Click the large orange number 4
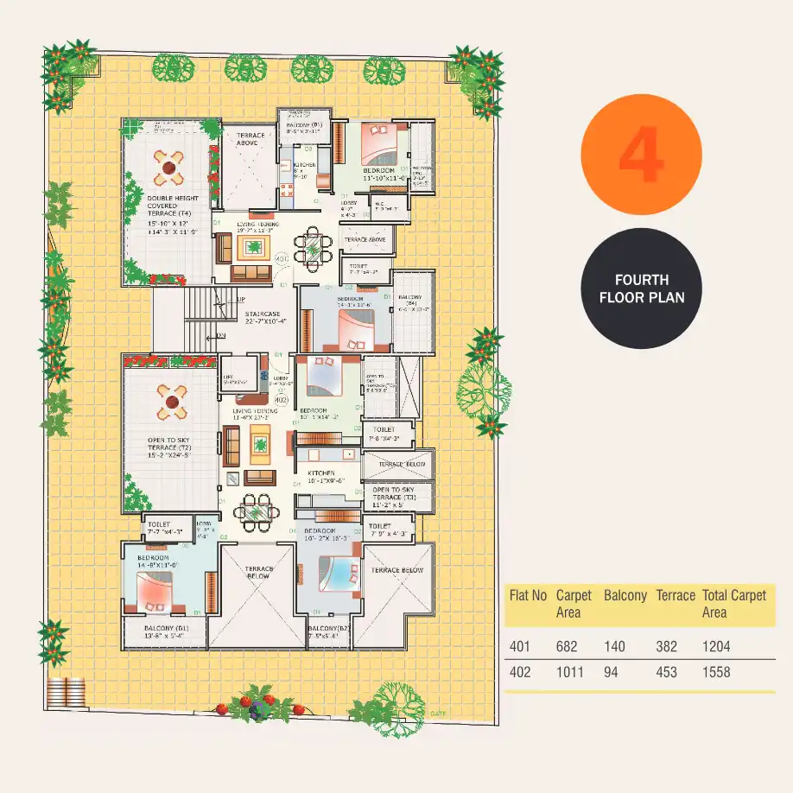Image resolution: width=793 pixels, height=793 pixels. tap(642, 155)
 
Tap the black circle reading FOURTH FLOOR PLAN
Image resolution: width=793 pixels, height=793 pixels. tap(642, 289)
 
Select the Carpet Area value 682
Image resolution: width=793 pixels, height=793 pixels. tap(568, 646)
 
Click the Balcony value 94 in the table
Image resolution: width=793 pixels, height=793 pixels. tap(612, 672)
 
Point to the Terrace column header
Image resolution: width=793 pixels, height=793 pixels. tap(676, 595)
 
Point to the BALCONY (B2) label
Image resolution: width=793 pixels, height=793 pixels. tap(323, 628)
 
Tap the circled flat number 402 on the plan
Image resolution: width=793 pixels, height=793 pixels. tap(281, 400)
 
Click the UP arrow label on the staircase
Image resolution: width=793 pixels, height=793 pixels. tap(242, 300)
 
